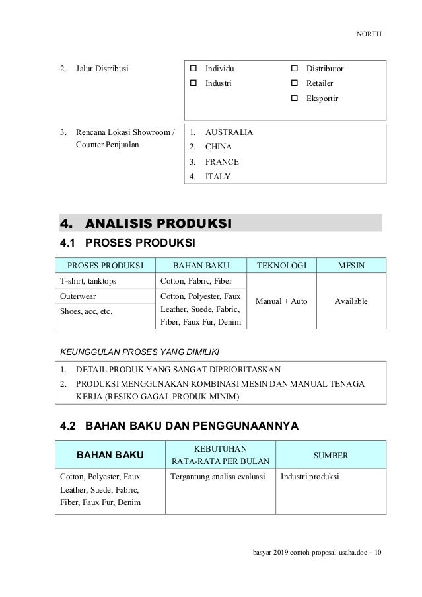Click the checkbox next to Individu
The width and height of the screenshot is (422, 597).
pyautogui.click(x=195, y=69)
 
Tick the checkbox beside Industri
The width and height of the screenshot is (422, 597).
pyautogui.click(x=195, y=84)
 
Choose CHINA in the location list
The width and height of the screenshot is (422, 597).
pyautogui.click(x=220, y=147)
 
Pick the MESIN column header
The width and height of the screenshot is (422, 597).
pyautogui.click(x=351, y=266)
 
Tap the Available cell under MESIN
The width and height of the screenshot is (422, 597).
pyautogui.click(x=351, y=301)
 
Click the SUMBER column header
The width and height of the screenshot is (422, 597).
pyautogui.click(x=331, y=456)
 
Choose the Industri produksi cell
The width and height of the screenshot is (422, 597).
pyautogui.click(x=310, y=477)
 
